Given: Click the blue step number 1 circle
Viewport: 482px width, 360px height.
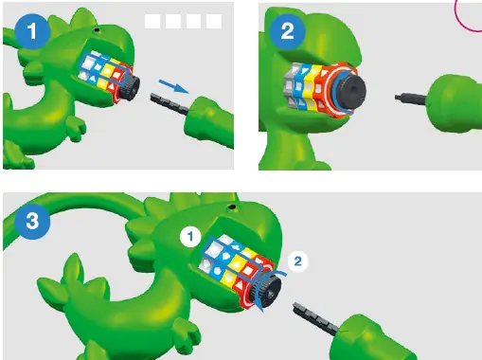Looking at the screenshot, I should [37, 30].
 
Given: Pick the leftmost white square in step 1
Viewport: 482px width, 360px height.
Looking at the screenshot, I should [152, 20].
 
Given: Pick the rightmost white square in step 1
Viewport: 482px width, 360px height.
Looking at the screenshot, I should [214, 20].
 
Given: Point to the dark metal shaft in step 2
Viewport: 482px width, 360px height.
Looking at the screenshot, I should [405, 98].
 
